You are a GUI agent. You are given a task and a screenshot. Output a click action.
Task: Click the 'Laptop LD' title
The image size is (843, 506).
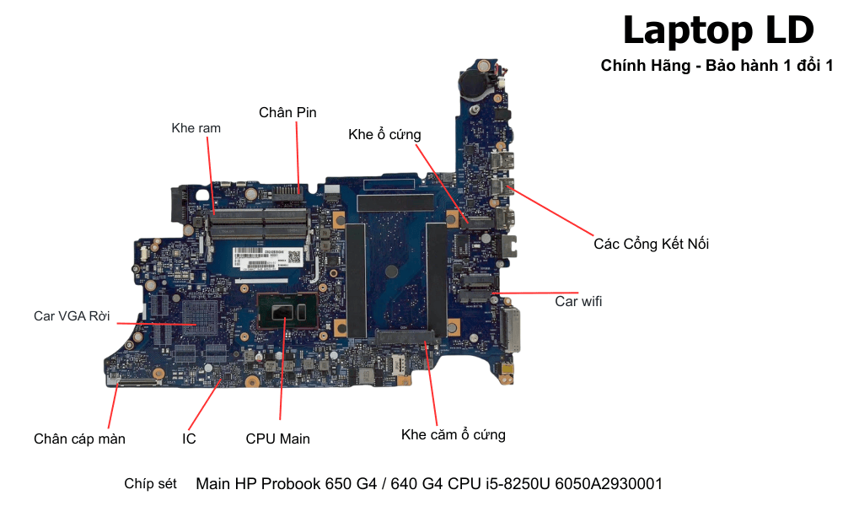coord(718,31)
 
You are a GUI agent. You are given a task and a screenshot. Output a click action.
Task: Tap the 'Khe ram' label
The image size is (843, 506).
coord(196,128)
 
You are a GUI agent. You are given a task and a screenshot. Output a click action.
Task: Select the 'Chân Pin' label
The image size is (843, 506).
coord(287,112)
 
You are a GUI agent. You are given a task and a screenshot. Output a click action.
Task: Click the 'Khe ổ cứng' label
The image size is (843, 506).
coord(384,134)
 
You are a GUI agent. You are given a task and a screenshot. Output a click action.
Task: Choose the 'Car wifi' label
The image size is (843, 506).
coord(578,300)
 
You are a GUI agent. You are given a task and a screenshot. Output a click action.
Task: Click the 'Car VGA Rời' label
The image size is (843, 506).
coord(72,315)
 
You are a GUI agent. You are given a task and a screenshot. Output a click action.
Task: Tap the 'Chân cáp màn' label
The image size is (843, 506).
coord(79,439)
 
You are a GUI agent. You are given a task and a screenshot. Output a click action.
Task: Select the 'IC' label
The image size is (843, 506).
coord(189,439)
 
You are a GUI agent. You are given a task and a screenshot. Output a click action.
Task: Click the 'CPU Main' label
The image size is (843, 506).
coord(277,439)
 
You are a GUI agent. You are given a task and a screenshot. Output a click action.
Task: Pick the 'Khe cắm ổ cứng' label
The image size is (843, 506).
coord(454,435)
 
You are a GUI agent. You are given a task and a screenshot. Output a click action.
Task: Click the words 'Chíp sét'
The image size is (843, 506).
coord(150,483)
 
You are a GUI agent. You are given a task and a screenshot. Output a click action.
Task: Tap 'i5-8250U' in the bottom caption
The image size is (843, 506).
coord(515,484)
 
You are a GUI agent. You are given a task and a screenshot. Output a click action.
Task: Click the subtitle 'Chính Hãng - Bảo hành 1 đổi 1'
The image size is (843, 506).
coord(717,66)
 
